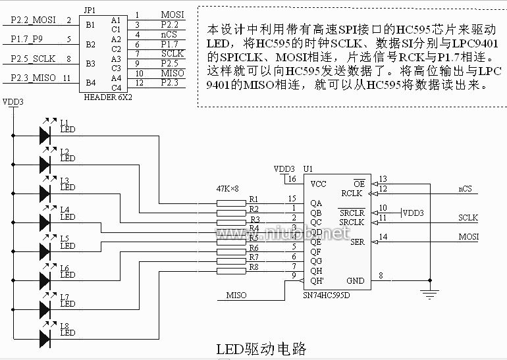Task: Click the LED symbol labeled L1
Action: (x=45, y=135)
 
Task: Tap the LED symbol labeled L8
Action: (x=45, y=338)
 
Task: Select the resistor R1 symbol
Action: (x=230, y=203)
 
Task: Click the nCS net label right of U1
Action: (x=465, y=190)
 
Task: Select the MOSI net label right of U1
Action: (x=468, y=237)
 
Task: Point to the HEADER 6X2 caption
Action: (x=108, y=97)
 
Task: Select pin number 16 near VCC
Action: (x=291, y=179)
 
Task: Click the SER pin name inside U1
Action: (x=357, y=242)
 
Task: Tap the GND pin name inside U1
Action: (x=355, y=280)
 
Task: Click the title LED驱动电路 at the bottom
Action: (x=261, y=348)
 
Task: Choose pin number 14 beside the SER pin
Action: (x=383, y=237)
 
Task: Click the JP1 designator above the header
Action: (x=90, y=11)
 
